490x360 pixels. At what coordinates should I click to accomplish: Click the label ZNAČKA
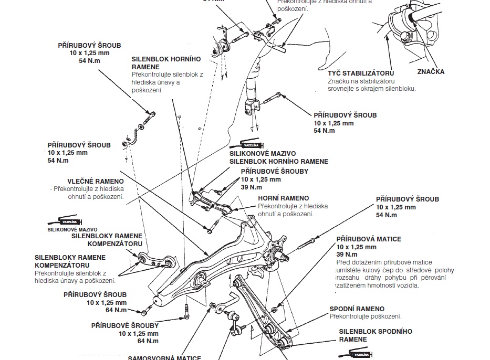(x=431, y=71)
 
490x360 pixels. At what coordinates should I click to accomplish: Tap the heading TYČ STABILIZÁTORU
(x=360, y=73)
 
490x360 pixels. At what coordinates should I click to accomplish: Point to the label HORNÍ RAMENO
(x=284, y=198)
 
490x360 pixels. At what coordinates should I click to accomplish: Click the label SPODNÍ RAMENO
(x=357, y=309)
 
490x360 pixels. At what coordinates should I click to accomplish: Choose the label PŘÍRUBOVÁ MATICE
(x=369, y=239)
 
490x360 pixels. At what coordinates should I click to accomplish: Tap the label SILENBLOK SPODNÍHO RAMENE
(x=376, y=335)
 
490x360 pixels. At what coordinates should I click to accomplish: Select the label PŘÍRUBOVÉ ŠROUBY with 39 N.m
(x=274, y=171)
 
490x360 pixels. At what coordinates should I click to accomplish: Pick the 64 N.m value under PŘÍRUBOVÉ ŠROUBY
(x=148, y=341)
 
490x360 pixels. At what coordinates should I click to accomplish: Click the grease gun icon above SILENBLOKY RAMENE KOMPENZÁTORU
(x=67, y=221)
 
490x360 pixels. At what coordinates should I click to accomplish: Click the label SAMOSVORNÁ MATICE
(x=164, y=358)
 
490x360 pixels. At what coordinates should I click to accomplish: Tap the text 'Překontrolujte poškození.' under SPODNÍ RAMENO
(x=366, y=316)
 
